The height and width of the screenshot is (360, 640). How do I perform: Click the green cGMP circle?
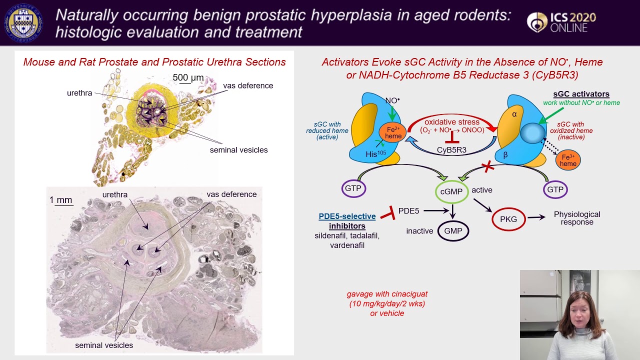(451, 192)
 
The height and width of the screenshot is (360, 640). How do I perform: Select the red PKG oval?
(508, 219)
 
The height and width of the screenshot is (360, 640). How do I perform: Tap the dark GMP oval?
(453, 231)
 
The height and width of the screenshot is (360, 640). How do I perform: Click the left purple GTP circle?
(353, 188)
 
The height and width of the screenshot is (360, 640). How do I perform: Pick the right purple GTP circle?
(555, 189)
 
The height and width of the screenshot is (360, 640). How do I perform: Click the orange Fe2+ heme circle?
(393, 132)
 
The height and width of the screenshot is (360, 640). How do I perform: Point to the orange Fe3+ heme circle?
(568, 160)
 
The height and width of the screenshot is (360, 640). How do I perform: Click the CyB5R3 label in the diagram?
(451, 150)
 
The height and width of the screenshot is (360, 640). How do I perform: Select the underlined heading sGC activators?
(581, 94)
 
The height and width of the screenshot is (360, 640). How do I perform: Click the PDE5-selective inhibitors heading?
(347, 221)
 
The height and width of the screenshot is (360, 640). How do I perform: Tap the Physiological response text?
(577, 218)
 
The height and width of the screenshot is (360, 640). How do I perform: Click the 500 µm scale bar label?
(188, 77)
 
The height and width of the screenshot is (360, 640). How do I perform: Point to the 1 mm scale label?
(60, 200)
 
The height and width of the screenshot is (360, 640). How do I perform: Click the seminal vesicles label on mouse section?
(238, 150)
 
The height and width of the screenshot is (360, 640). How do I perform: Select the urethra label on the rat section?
(115, 194)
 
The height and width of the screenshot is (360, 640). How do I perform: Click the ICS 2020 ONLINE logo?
(561, 22)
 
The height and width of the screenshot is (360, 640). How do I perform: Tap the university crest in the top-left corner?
(23, 23)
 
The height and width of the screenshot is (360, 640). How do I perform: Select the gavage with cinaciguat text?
(387, 303)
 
